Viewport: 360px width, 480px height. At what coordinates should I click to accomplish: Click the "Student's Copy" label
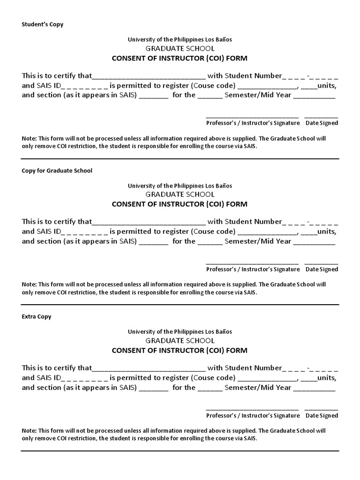pyautogui.click(x=43, y=24)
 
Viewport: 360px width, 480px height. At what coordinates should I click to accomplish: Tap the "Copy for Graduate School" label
pyautogui.click(x=57, y=171)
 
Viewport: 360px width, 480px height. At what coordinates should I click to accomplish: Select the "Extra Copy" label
pyautogui.click(x=37, y=317)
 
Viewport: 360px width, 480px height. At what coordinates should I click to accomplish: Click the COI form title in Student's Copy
pyautogui.click(x=180, y=59)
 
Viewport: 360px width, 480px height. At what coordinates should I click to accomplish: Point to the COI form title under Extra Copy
pyautogui.click(x=180, y=351)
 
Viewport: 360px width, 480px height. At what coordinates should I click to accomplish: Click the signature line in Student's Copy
pyautogui.click(x=252, y=116)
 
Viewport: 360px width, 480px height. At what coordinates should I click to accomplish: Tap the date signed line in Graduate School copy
pyautogui.click(x=322, y=262)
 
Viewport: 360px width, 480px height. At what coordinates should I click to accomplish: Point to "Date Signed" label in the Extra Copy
pyautogui.click(x=322, y=415)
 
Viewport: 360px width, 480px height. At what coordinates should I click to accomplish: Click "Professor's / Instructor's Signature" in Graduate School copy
pyautogui.click(x=253, y=269)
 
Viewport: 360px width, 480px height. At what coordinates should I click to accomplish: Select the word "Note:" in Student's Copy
pyautogui.click(x=29, y=139)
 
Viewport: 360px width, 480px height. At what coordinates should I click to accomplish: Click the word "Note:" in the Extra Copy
pyautogui.click(x=29, y=431)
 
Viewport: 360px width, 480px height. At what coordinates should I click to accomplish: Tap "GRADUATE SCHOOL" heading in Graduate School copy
pyautogui.click(x=180, y=195)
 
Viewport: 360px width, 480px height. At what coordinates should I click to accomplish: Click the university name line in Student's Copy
pyautogui.click(x=180, y=40)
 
